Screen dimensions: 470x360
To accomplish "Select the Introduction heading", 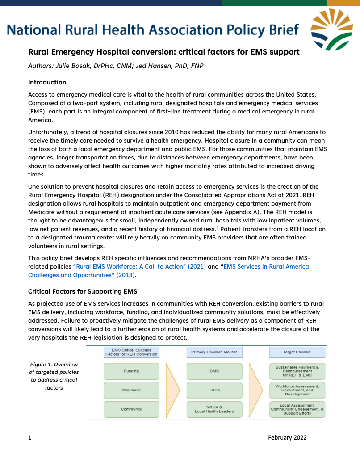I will [x=47, y=82].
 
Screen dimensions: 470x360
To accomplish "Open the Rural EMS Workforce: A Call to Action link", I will [x=139, y=266].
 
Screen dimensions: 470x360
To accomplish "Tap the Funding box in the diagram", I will [x=131, y=371].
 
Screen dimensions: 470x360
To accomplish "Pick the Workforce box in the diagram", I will [x=131, y=390].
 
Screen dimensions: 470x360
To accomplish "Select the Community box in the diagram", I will [x=131, y=409].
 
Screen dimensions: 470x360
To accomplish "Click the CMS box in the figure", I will [x=214, y=371].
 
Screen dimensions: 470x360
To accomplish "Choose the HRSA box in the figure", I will [x=214, y=390].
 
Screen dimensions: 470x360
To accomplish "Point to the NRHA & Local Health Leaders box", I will [x=214, y=409].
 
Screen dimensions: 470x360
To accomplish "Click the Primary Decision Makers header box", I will [x=214, y=352].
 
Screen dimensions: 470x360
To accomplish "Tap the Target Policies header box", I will [x=297, y=352].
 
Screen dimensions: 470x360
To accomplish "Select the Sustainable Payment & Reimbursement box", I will [x=297, y=371].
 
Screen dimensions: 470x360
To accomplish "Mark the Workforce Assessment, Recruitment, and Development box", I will [x=297, y=390].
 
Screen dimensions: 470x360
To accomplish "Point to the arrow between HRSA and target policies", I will [x=255, y=390].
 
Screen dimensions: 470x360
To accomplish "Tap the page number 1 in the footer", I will [x=30, y=437].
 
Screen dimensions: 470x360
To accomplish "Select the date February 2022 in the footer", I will [x=287, y=437].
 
